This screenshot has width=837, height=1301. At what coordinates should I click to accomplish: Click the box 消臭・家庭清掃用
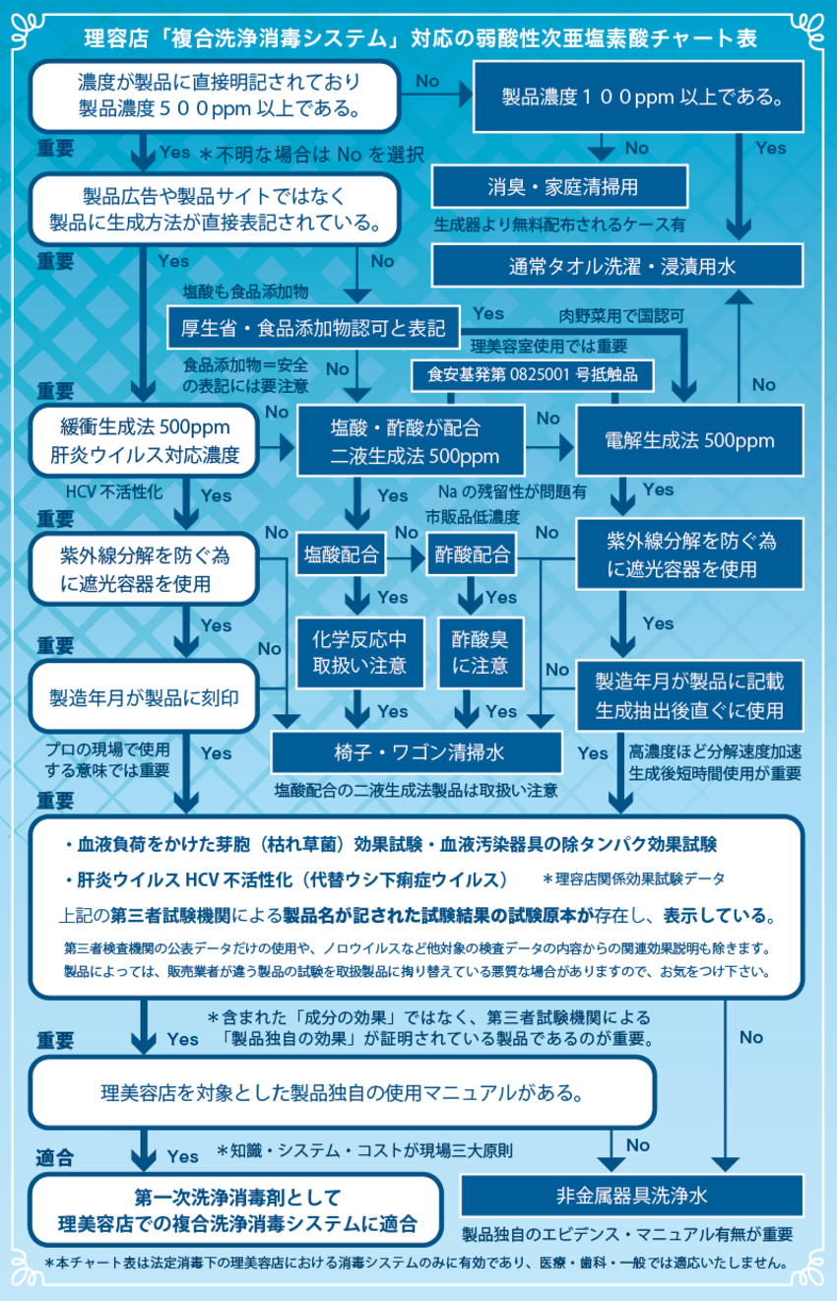[x=547, y=186]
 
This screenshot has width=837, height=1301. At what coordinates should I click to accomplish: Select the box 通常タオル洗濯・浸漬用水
[x=621, y=266]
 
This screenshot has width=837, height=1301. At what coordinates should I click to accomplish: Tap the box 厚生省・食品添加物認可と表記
[x=312, y=327]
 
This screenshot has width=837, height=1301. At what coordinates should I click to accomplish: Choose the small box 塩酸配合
[x=341, y=554]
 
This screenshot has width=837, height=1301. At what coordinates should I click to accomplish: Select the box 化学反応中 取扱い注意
[x=353, y=652]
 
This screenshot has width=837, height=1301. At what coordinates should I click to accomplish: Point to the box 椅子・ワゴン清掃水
[x=418, y=752]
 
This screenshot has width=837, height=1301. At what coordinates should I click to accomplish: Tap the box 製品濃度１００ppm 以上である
[x=637, y=97]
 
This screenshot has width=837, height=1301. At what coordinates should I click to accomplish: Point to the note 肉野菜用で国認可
[x=621, y=316]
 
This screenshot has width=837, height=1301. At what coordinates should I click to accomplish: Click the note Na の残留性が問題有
[x=511, y=490]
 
